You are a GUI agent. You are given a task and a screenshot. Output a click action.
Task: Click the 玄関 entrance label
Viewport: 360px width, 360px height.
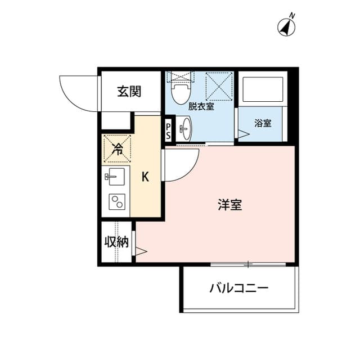pos(129,91)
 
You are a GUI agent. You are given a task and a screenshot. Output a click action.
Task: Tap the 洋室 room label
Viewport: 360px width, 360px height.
pos(230,205)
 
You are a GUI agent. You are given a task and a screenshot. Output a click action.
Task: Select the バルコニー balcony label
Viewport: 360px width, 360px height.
pos(239,288)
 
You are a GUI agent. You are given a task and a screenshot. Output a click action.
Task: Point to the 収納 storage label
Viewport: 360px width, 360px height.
pos(116,242)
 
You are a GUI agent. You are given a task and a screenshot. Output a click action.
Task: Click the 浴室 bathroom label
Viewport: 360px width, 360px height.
pos(263,124)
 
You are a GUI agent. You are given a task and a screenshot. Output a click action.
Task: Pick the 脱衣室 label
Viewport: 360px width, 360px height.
pos(201,106)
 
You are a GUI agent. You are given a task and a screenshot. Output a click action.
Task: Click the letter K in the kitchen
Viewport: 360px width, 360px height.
pos(145,177)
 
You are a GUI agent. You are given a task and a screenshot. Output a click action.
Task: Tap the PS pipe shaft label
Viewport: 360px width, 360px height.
pos(168,131)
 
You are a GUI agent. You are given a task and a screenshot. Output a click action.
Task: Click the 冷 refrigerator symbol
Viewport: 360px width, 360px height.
pos(118,148)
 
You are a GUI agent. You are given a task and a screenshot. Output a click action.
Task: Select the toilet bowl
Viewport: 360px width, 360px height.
pos(182,93)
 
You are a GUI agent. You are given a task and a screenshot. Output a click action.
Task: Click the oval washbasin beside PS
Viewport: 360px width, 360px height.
pos(186,129)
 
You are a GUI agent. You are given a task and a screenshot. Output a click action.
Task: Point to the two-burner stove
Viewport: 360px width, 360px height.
pos(117,202)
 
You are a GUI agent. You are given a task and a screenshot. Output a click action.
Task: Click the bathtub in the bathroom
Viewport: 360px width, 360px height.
pos(263,89)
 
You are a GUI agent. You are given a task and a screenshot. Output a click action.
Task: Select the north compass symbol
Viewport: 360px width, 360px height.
pos(286,27)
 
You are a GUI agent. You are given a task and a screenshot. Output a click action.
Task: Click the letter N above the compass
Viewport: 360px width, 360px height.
pos(292,16)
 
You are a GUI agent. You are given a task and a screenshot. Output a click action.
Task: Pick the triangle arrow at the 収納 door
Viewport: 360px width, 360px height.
pos(141,251)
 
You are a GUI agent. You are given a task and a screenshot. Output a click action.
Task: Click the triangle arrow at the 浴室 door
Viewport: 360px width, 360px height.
pos(244,134)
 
